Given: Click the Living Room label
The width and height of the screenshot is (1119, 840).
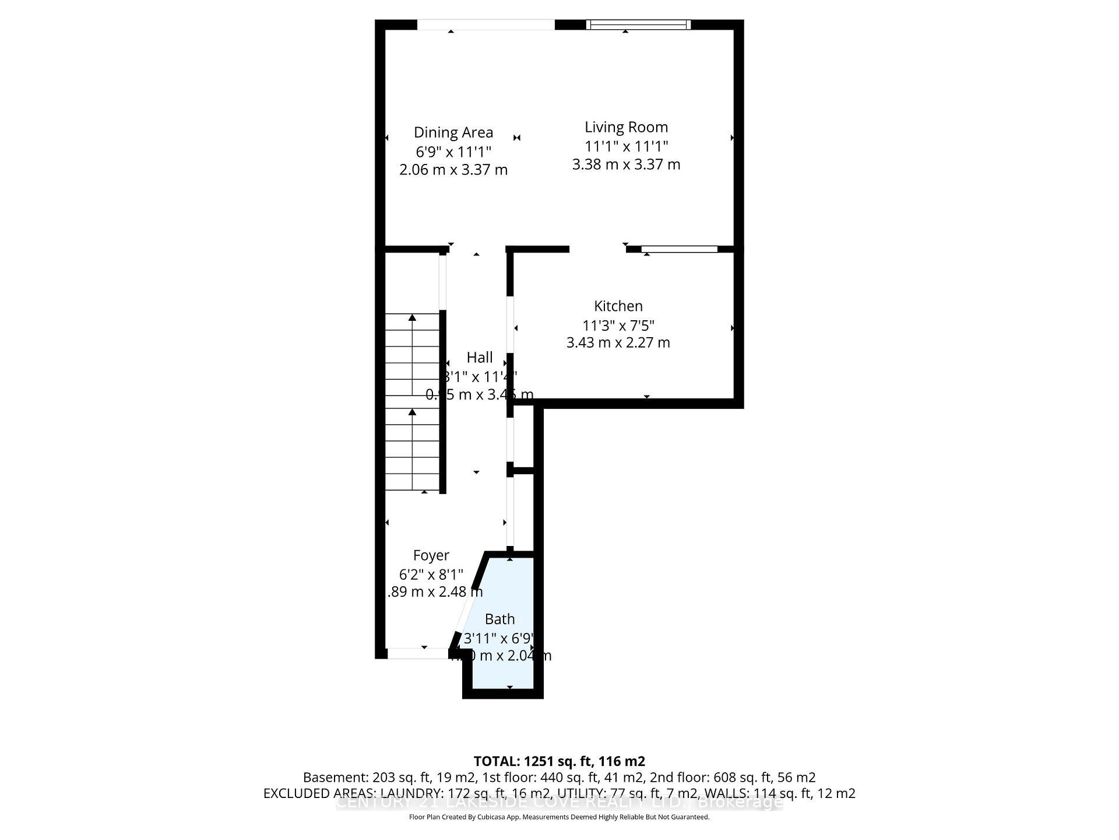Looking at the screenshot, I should [x=626, y=127].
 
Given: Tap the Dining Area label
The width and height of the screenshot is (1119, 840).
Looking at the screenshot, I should [x=453, y=132].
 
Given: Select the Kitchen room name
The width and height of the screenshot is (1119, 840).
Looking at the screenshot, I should [x=618, y=306].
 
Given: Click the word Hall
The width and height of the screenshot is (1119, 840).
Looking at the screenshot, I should [x=480, y=357].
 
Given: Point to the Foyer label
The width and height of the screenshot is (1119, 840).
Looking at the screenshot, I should [x=431, y=555].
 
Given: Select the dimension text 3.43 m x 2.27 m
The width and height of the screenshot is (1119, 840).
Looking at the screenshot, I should [x=618, y=342].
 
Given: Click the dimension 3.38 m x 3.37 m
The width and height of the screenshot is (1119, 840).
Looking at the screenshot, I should [x=626, y=164].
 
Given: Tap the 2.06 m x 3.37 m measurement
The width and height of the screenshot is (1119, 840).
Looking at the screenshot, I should [x=453, y=170].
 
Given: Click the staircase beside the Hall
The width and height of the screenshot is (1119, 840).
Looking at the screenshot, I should [x=412, y=402].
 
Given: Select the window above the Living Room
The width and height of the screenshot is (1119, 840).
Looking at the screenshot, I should [x=638, y=24].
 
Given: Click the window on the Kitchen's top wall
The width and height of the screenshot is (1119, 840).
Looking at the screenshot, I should [x=680, y=249].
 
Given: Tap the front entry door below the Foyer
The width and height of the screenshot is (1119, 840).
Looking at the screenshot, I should [x=418, y=654].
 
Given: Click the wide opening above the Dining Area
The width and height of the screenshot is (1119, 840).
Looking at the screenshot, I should [x=485, y=24].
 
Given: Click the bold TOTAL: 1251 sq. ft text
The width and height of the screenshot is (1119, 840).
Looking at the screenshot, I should [x=559, y=761].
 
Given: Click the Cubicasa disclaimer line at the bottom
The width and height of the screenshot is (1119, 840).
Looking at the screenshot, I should [x=559, y=817].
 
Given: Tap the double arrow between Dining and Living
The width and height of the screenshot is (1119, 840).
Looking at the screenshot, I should [x=517, y=138].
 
